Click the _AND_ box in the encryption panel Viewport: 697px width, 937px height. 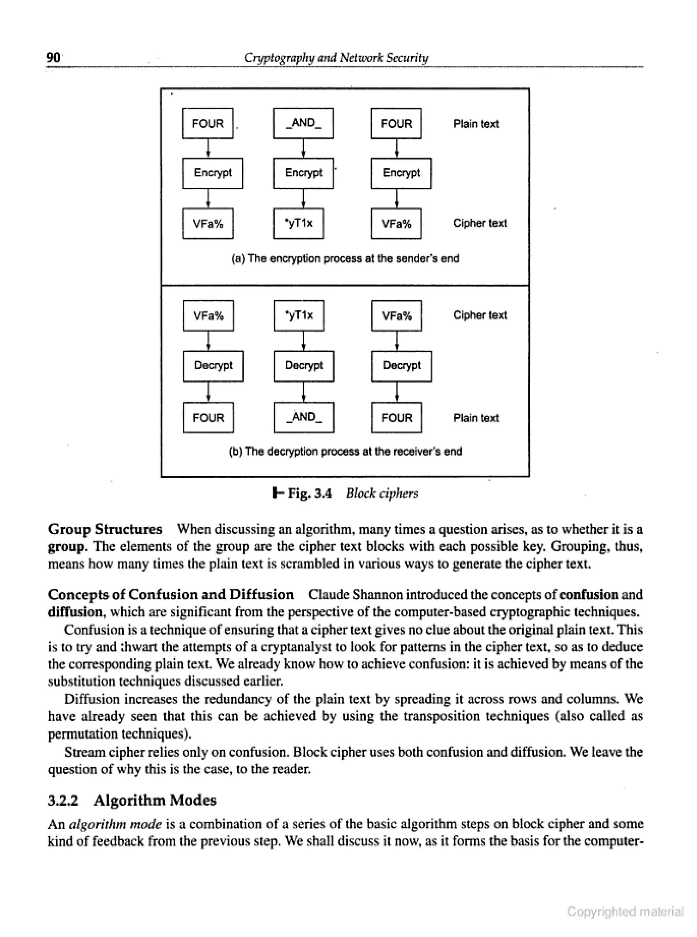[303, 123]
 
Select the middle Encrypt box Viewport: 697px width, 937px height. [303, 173]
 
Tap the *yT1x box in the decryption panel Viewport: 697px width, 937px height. [299, 316]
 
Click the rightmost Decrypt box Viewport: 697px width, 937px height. [401, 366]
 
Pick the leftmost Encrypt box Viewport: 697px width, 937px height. [212, 173]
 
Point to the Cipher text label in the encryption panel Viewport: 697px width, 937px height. [480, 223]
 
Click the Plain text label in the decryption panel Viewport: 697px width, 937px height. [475, 418]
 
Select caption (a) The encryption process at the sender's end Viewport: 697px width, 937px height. [345, 258]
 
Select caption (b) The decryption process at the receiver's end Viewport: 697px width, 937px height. [345, 451]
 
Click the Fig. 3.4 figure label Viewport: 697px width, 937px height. [309, 493]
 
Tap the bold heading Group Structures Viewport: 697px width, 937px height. [104, 529]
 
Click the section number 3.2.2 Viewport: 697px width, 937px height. [63, 800]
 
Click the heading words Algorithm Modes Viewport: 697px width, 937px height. [155, 800]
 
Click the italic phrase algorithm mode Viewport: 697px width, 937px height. [115, 824]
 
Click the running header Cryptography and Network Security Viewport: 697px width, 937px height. [336, 58]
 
